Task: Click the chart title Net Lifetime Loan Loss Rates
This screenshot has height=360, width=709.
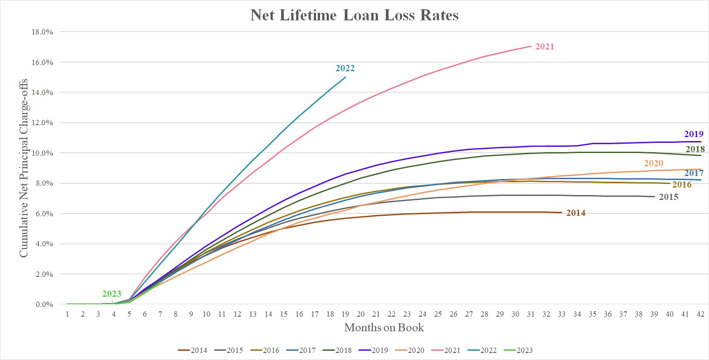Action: (354, 15)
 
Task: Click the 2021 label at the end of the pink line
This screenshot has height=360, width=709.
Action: (545, 46)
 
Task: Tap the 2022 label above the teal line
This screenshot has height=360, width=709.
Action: (345, 68)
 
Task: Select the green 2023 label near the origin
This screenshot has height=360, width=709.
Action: (111, 294)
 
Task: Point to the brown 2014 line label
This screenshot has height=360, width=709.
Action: (576, 213)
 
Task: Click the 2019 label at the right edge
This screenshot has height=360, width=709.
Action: (694, 134)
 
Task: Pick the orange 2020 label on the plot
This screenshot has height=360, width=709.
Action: (653, 163)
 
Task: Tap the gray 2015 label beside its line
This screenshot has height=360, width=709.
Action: (668, 197)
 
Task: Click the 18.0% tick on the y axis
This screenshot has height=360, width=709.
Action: (42, 32)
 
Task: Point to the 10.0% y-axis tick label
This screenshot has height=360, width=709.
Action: (42, 153)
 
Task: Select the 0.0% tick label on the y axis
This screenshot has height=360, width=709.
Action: (44, 304)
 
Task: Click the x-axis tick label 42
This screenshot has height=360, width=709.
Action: (700, 314)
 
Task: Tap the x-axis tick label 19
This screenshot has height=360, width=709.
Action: (345, 314)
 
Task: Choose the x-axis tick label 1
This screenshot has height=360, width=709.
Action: (67, 314)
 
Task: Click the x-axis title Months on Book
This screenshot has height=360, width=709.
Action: (384, 328)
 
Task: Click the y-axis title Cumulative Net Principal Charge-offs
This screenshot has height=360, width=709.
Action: (23, 168)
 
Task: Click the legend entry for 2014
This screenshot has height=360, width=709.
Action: (193, 350)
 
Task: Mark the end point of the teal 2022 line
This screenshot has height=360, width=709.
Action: (345, 77)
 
